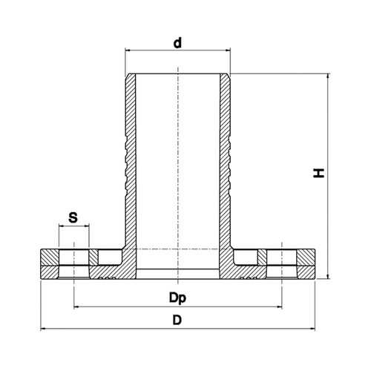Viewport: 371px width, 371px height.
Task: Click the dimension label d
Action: (177, 42)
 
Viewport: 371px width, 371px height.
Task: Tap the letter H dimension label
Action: (318, 173)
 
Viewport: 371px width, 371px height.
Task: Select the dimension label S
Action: (73, 217)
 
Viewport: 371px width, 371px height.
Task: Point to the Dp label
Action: (177, 298)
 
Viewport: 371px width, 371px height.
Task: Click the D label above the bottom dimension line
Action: (177, 320)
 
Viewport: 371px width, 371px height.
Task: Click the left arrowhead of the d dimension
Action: (128, 50)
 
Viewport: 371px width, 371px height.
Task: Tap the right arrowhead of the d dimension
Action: (228, 50)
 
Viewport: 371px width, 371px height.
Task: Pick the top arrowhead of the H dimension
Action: (328, 76)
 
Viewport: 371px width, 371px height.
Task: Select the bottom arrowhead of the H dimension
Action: (328, 276)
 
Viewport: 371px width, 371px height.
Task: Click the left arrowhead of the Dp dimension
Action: (76, 307)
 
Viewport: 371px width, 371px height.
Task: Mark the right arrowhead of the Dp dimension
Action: (279, 307)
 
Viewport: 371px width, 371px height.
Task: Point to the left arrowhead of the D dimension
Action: (44, 329)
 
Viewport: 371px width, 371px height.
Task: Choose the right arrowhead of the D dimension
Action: (312, 329)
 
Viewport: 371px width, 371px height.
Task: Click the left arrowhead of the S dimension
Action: (62, 226)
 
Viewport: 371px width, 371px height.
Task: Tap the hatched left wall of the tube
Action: (131, 161)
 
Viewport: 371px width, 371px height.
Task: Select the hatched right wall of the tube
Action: (225, 161)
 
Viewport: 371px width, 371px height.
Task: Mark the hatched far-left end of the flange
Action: (50, 264)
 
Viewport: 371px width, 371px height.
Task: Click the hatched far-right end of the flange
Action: (306, 264)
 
